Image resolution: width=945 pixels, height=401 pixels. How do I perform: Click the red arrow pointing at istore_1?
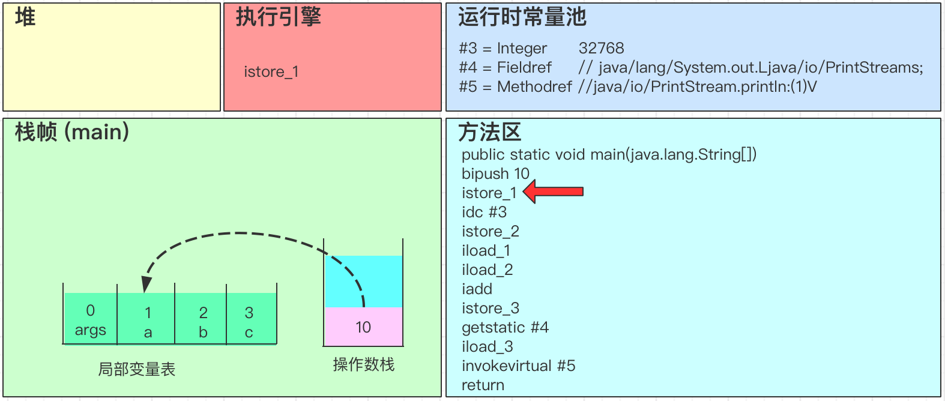(x=554, y=192)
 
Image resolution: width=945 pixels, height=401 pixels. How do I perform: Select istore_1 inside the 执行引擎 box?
(x=271, y=72)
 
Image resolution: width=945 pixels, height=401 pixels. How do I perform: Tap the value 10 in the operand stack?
(x=363, y=327)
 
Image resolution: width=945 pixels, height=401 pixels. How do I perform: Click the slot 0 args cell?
(x=90, y=320)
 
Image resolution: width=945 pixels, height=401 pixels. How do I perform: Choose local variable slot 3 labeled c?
(x=249, y=322)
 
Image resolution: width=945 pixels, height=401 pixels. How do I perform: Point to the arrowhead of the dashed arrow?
(x=146, y=284)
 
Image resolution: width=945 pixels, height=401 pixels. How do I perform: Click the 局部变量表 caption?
(x=137, y=369)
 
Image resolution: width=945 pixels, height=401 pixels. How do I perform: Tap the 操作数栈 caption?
(x=363, y=364)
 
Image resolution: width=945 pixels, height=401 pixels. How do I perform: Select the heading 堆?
(x=25, y=17)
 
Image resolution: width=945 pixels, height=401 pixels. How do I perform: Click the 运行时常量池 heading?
(x=522, y=17)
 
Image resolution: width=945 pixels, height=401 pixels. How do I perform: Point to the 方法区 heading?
(x=489, y=132)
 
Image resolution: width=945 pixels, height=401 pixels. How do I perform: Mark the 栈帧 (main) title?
(x=72, y=132)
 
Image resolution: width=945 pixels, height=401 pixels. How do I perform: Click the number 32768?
(x=601, y=48)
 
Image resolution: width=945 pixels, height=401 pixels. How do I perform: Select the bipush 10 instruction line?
(x=495, y=173)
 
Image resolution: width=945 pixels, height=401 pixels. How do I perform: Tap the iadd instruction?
(x=477, y=289)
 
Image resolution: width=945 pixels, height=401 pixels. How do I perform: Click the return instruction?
(x=483, y=385)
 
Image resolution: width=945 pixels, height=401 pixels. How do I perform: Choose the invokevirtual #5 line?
(x=518, y=366)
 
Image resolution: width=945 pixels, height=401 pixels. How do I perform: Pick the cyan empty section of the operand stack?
(x=363, y=281)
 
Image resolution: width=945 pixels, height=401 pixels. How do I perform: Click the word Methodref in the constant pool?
(x=534, y=86)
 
